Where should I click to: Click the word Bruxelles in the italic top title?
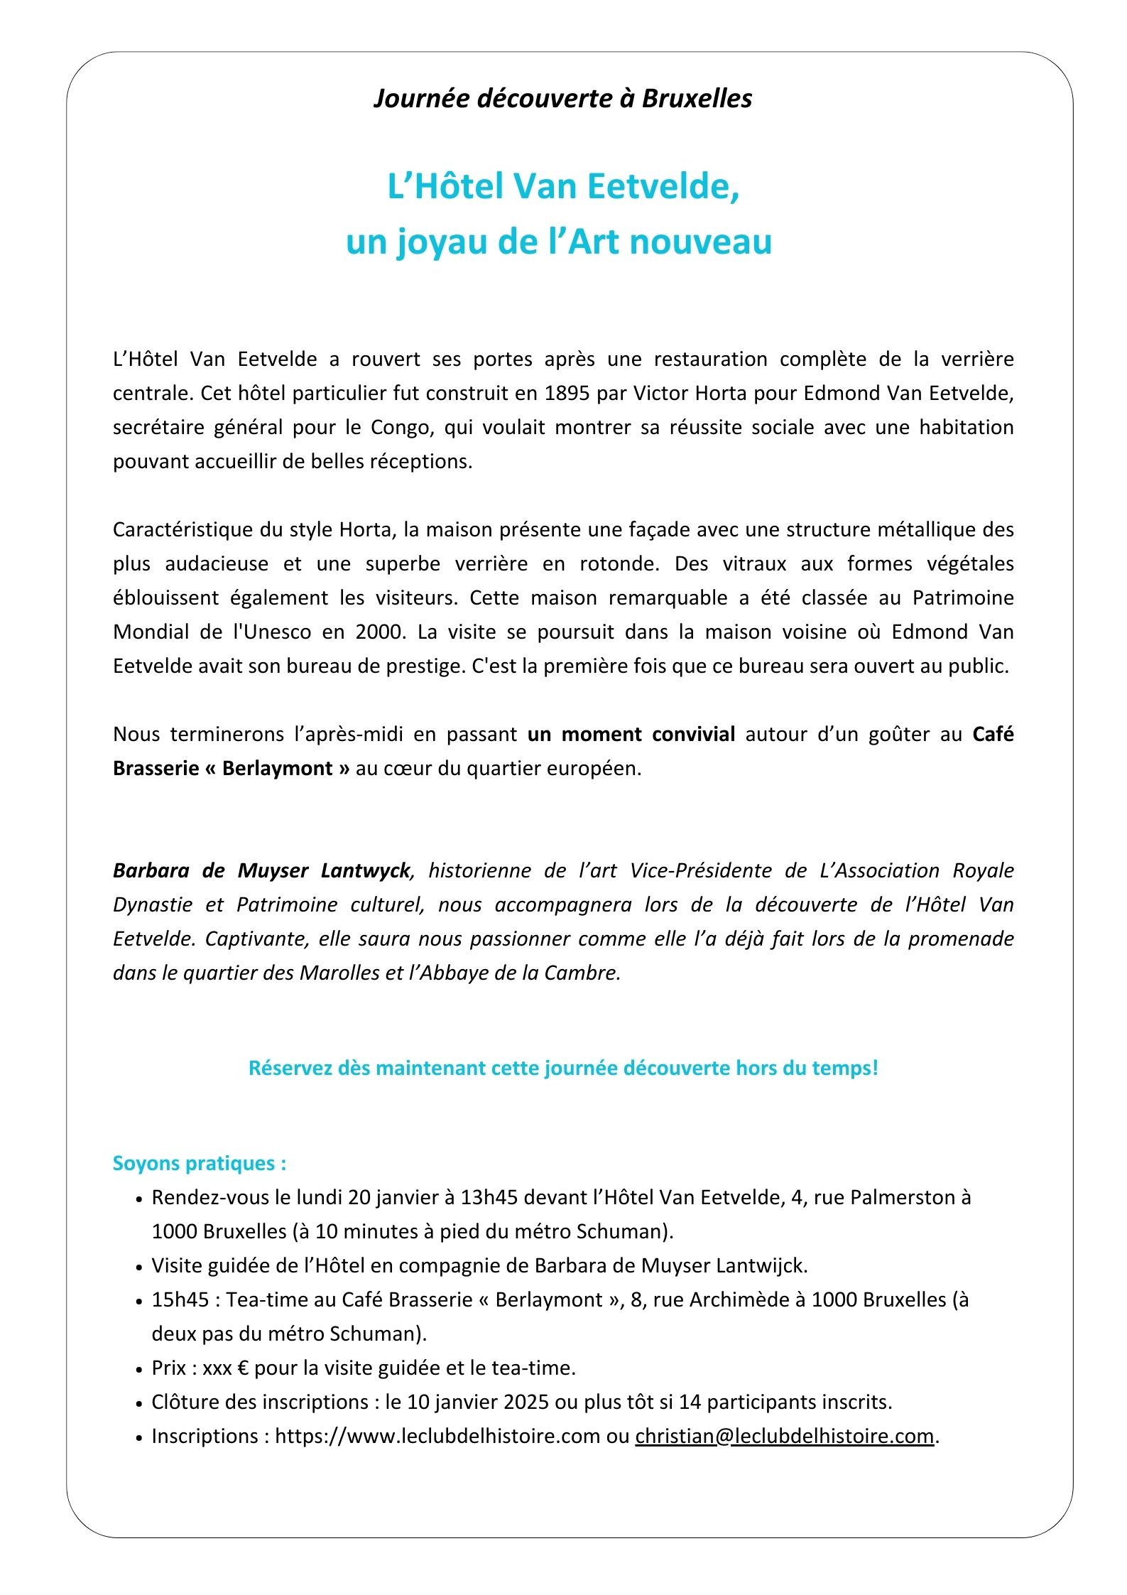697,98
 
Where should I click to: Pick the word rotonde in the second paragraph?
619,563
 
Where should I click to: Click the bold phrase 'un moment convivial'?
631,734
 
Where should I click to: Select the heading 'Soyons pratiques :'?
200,1163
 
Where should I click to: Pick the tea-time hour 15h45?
180,1299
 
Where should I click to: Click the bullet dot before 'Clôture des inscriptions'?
139,1403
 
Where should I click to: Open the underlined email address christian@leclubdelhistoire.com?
784,1436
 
